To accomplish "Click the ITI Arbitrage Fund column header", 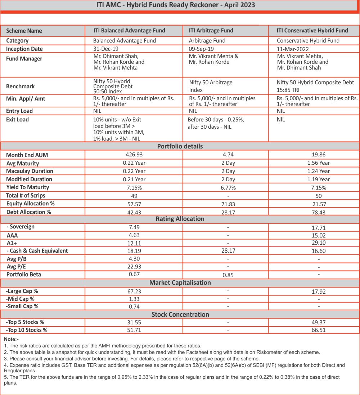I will [x=211, y=31].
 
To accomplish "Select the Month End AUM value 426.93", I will [x=134, y=155].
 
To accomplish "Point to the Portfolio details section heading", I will [x=180, y=146].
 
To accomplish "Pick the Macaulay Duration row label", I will [x=30, y=171].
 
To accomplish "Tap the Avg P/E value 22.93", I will [x=134, y=267].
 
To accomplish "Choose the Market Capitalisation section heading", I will [x=180, y=283].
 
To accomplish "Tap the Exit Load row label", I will [x=17, y=119].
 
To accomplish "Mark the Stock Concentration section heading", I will [x=180, y=314].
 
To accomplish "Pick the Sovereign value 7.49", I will [x=134, y=227].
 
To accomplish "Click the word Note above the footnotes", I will [x=10, y=339].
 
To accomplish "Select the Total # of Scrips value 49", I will [x=134, y=196].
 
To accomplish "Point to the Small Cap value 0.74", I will [x=134, y=307].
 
